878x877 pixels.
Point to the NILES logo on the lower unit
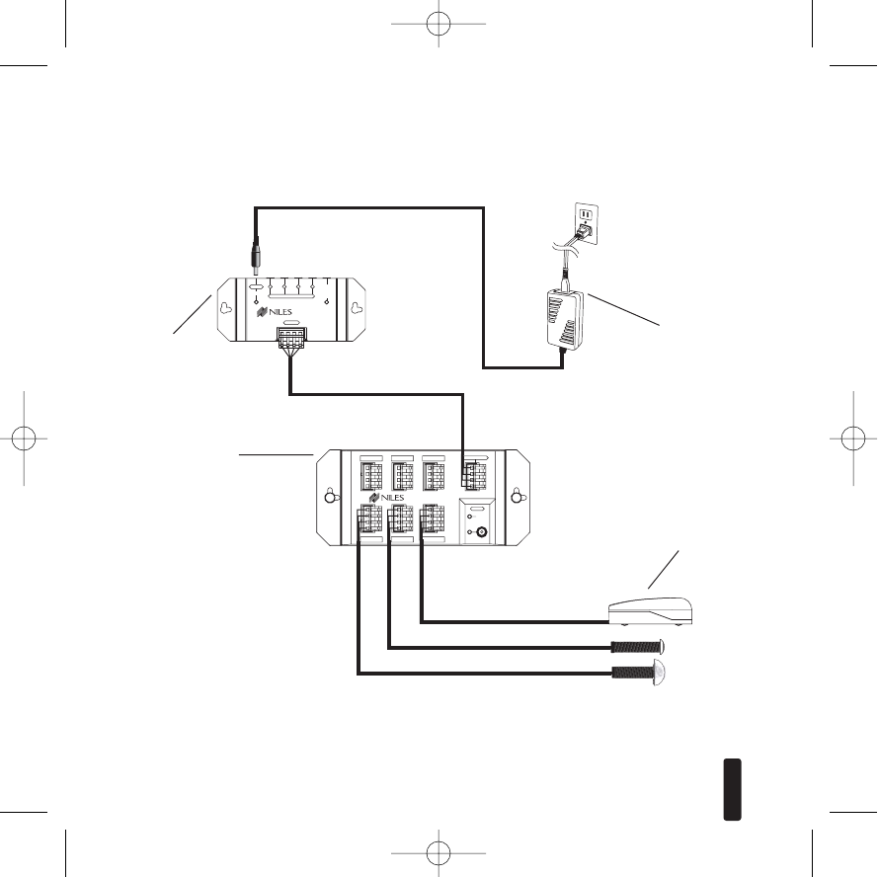[x=404, y=497]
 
